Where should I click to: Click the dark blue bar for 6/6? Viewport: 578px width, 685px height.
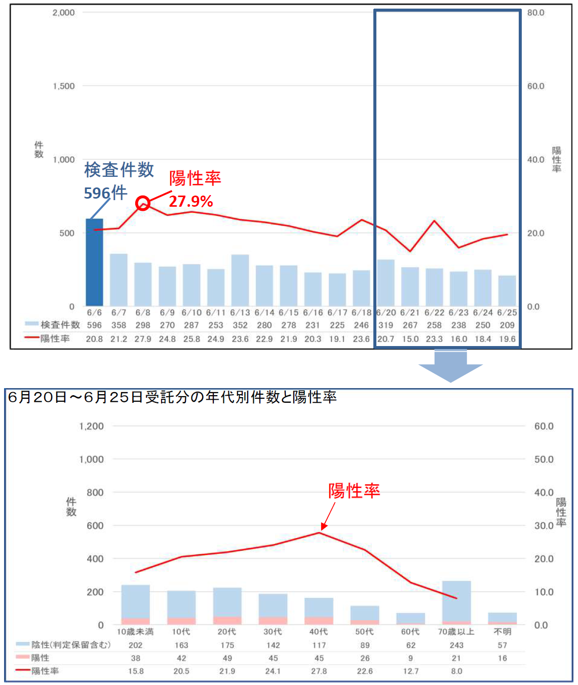[x=94, y=262]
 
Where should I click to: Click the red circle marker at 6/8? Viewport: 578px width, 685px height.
[x=143, y=204]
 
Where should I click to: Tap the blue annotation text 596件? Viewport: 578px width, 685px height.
[x=105, y=193]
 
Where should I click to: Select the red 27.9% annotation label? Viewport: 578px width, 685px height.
[x=190, y=201]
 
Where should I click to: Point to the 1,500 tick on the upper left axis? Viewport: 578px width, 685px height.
[x=64, y=86]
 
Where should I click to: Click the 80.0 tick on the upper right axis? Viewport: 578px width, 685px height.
[x=535, y=13]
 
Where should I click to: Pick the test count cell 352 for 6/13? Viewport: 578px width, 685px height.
[x=240, y=325]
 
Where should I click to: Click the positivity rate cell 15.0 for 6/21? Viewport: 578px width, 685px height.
[x=410, y=338]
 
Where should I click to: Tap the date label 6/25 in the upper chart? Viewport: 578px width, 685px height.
[x=507, y=313]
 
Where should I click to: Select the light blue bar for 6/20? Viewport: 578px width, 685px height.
[x=386, y=283]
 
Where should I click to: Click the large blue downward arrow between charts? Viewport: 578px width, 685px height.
[x=450, y=367]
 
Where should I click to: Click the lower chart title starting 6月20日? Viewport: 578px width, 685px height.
[x=172, y=397]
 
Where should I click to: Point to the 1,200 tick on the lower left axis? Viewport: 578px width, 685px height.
[x=91, y=426]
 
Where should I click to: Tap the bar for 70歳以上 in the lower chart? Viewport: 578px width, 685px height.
[x=456, y=601]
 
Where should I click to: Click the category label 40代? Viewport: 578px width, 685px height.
[x=319, y=632]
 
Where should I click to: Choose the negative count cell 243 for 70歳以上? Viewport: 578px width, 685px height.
[x=456, y=645]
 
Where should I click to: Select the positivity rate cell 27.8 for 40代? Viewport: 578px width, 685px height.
[x=319, y=671]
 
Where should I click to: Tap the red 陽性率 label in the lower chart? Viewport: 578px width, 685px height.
[x=354, y=491]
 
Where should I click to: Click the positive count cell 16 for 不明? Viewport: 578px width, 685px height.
[x=502, y=658]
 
